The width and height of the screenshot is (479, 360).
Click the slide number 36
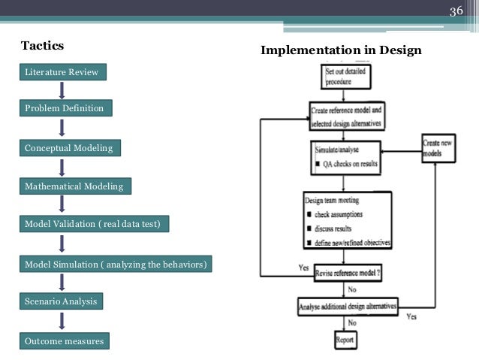455,11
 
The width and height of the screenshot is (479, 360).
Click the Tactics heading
43,46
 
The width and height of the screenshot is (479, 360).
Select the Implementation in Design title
341,50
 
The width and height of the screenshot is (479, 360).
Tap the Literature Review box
62,72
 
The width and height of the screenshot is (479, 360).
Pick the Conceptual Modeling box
69,148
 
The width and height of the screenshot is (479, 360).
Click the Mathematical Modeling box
74,186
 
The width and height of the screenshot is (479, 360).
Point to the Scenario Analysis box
61,301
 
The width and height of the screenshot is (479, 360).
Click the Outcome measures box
64,342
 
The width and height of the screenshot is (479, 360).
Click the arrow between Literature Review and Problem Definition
62,90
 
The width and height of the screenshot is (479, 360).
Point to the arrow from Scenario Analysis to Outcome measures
62,322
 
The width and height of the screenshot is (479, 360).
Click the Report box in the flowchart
346,339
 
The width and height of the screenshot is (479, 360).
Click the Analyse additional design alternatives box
348,306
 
